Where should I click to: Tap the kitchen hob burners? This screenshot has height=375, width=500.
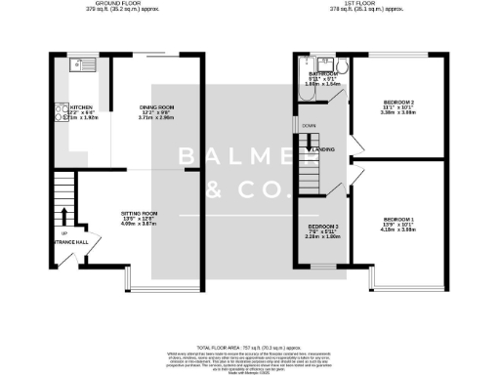(60, 115)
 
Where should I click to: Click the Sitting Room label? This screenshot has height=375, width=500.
(138, 217)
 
